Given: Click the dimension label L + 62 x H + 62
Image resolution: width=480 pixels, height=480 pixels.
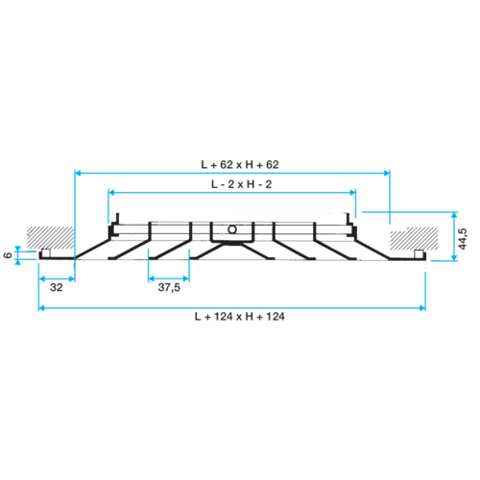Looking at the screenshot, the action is (240, 165).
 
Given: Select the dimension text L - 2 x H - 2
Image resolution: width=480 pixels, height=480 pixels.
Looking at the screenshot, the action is (242, 184).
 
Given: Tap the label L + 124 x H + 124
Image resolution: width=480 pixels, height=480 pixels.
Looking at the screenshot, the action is (240, 317).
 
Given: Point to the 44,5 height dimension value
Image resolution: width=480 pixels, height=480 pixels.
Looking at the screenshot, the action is (463, 239).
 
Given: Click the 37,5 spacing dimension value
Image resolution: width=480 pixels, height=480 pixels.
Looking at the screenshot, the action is (169, 287).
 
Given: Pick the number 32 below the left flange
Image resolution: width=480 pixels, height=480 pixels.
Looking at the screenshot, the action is (57, 287).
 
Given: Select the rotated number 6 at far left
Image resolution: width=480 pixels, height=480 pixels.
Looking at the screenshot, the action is (8, 255).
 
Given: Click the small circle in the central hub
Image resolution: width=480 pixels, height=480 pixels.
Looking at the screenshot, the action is (232, 229).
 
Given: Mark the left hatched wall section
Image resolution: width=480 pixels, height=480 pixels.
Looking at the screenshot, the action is (51, 237).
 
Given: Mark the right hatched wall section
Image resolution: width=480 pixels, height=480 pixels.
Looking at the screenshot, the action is (414, 239).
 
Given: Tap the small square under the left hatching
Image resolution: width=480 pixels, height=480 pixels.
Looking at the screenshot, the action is (46, 253).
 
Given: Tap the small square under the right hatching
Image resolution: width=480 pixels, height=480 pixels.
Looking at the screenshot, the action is (419, 254).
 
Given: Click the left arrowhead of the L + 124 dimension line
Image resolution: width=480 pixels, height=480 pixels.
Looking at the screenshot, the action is (41, 308).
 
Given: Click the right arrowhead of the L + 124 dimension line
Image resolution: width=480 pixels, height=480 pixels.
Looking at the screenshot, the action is (422, 308).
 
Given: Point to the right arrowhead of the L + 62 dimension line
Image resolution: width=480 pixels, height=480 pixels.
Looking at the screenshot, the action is (387, 173).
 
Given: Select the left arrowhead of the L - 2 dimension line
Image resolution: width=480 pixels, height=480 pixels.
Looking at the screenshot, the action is (111, 193).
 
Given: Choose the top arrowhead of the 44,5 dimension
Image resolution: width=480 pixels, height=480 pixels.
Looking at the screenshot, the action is (454, 215).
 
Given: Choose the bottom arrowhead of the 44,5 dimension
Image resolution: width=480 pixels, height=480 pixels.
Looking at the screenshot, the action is (454, 257).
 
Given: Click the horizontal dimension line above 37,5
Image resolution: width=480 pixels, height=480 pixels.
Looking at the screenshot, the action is (169, 278).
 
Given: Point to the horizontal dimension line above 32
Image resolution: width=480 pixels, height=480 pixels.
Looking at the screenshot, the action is (57, 279).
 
